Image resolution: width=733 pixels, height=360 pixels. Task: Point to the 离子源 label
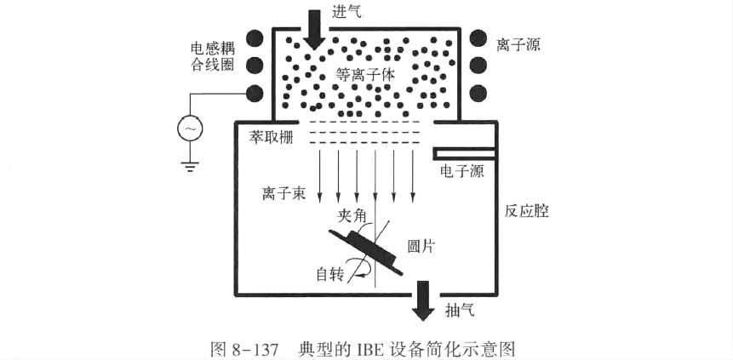click(x=518, y=39)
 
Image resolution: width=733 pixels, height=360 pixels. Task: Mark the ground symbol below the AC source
click(x=189, y=163)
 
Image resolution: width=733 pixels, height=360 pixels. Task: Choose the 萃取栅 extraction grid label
click(x=266, y=135)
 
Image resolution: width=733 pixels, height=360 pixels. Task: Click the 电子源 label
click(x=461, y=172)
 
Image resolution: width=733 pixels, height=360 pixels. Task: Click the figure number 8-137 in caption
click(x=252, y=347)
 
